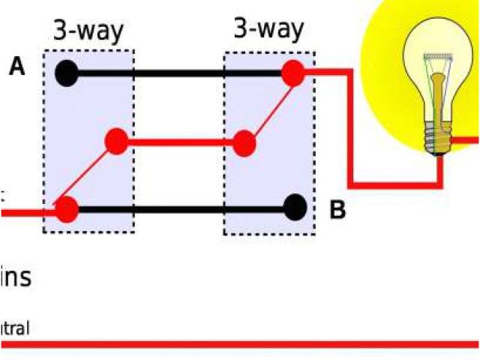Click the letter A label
click(17, 67)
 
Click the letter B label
click(337, 210)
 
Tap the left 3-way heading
click(88, 31)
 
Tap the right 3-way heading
click(268, 29)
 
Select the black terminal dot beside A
click(67, 73)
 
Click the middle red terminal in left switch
click(116, 140)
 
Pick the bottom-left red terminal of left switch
click(67, 208)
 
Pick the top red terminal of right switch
click(292, 73)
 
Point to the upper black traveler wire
click(180, 73)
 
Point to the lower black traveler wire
click(180, 207)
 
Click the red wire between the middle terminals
click(180, 141)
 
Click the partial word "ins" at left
click(16, 277)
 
